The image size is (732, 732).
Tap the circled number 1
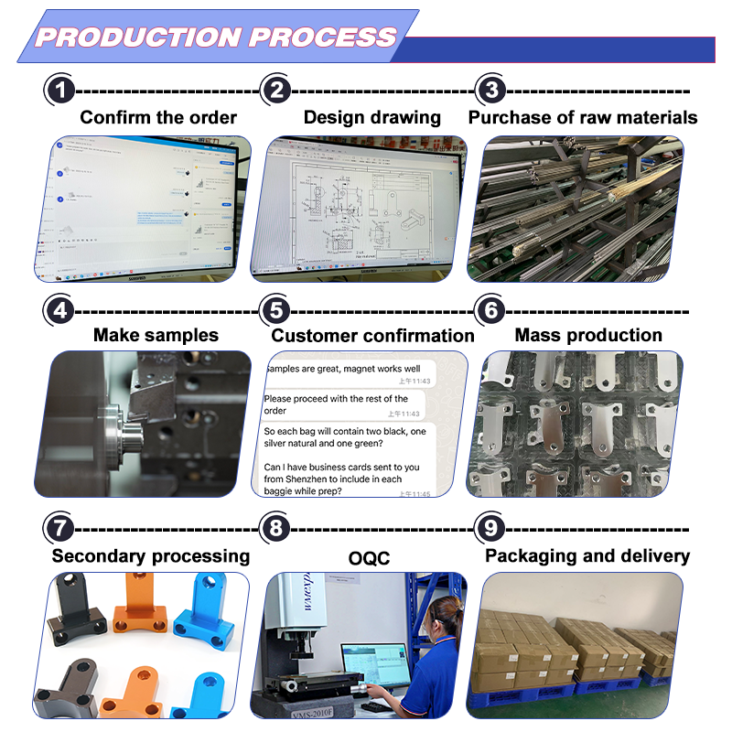click(60, 91)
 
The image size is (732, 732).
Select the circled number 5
click(275, 309)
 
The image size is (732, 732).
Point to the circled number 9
click(492, 529)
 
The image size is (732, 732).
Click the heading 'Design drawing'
click(371, 117)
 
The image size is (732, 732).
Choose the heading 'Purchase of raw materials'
click(583, 117)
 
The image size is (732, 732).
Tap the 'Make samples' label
click(156, 335)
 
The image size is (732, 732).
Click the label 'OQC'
click(368, 556)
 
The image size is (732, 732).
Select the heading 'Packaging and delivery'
click(587, 555)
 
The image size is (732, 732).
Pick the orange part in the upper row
click(140, 608)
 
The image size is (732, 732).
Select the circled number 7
click(60, 529)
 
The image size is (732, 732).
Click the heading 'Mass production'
click(588, 335)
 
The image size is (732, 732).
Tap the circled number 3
click(492, 91)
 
